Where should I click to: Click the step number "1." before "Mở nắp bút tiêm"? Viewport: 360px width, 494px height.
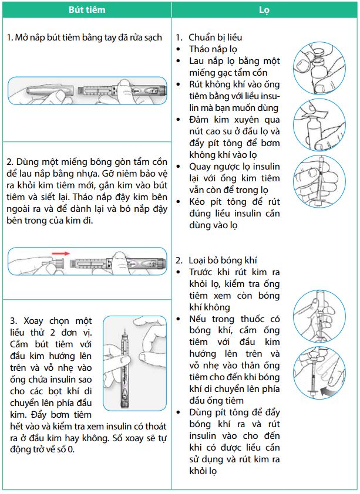click(x=9, y=38)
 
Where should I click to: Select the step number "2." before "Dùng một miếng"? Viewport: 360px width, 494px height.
click(x=10, y=161)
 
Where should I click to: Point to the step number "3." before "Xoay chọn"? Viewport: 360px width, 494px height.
click(x=14, y=321)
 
